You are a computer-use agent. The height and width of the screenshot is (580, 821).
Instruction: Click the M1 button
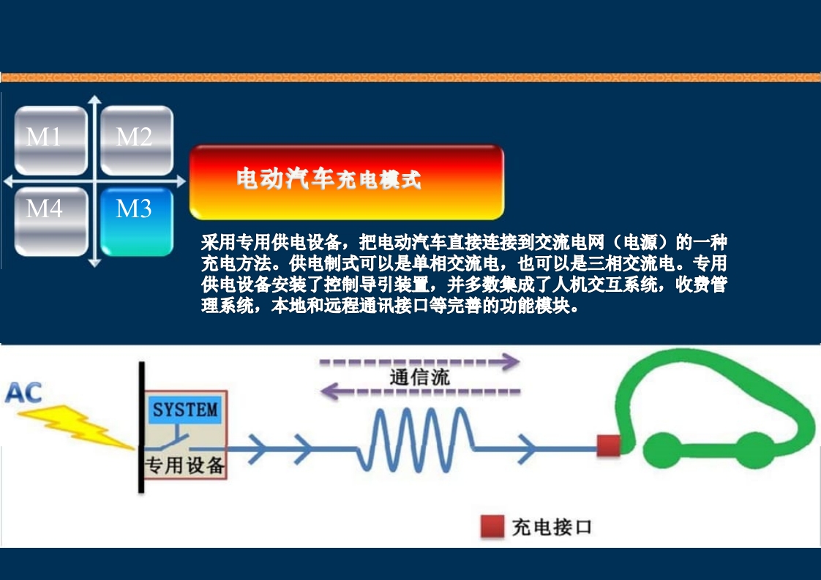(x=50, y=140)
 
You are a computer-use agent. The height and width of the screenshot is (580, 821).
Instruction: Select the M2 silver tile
(x=136, y=140)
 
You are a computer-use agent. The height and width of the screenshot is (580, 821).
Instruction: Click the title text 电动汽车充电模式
(x=329, y=179)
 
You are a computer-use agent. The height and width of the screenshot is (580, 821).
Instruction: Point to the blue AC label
(x=24, y=393)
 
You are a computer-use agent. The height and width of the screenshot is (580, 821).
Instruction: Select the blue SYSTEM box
(x=185, y=410)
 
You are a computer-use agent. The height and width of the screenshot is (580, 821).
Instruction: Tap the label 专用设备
(x=185, y=464)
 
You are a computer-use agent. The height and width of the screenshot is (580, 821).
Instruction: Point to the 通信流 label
(x=419, y=377)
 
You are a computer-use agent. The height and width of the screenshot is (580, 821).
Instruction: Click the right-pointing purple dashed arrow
(x=420, y=361)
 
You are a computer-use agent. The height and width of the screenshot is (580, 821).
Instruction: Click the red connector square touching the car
(x=608, y=445)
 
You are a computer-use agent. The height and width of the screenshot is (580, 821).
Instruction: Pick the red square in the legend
(x=492, y=527)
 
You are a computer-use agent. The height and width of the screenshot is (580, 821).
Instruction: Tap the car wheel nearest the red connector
(x=664, y=450)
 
